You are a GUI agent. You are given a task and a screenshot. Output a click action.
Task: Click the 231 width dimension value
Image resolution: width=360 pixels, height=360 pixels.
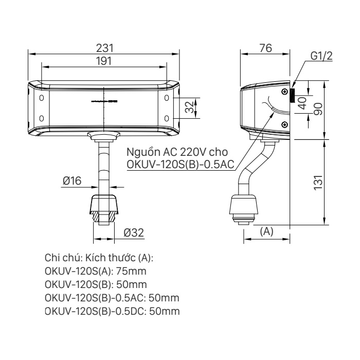point(105,48)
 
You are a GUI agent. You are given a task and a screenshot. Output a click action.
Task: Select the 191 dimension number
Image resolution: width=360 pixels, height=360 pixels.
point(104,61)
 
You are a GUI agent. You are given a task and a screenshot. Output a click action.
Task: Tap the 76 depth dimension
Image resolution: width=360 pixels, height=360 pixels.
point(266,48)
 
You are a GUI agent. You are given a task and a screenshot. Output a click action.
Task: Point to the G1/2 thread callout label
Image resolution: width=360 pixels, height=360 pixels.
point(321,56)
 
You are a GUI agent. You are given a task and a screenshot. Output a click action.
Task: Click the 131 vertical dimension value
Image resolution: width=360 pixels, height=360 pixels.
point(318,183)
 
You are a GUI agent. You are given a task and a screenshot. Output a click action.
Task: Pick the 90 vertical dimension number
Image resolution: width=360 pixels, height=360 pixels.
point(318,109)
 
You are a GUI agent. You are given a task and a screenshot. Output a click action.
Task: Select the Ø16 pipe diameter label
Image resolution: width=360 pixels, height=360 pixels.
point(72,181)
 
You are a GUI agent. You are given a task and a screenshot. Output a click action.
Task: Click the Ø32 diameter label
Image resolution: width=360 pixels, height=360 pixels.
point(134,232)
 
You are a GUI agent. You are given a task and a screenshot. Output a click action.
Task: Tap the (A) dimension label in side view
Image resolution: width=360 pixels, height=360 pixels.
point(266,231)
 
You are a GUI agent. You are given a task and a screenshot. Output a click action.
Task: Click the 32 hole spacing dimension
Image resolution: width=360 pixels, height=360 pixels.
point(190,107)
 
